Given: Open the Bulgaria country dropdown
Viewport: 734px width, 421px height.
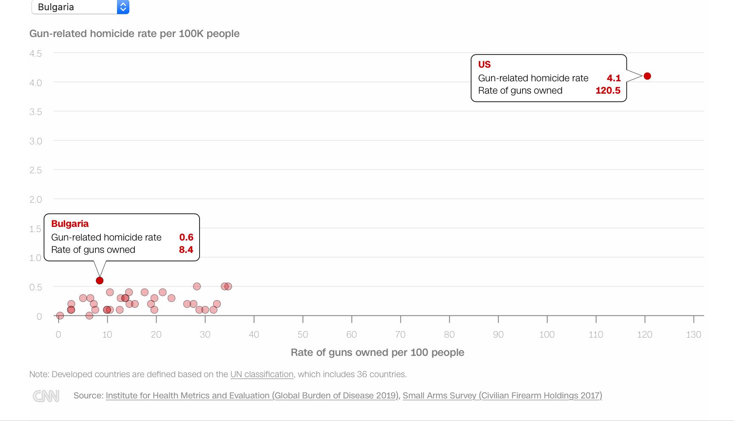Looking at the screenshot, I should tap(80, 7).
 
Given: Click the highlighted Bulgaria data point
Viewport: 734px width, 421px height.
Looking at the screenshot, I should tap(100, 281).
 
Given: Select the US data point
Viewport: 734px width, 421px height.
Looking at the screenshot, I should tap(647, 76).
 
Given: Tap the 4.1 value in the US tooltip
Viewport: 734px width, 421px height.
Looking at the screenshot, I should tap(614, 78).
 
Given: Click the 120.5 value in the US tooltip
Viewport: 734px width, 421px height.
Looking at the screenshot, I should tap(608, 91).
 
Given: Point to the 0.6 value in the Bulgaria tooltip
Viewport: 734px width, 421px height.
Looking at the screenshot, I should tap(186, 238).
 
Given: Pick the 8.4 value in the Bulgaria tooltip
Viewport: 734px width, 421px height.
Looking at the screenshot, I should tap(186, 250).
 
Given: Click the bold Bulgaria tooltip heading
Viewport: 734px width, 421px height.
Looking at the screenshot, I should tap(70, 224).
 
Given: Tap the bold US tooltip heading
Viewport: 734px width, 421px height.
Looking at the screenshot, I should tap(484, 65).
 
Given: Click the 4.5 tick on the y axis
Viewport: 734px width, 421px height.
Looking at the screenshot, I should tap(36, 54).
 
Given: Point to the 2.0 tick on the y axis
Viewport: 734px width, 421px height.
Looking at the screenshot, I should tap(36, 200).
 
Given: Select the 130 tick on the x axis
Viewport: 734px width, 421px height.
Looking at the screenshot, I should tap(693, 335).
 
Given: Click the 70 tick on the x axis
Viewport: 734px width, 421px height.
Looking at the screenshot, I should tap(400, 335).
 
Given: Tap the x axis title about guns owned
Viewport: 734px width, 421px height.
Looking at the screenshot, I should tap(377, 352).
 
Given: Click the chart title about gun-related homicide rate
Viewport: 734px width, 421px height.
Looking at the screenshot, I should tap(134, 34).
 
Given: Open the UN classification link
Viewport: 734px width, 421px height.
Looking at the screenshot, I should tap(262, 375).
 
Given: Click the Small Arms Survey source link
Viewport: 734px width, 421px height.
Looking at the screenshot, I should tap(502, 395).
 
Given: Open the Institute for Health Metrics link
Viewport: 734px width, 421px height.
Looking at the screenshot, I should tap(252, 395).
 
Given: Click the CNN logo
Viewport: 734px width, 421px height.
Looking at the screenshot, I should tap(46, 396).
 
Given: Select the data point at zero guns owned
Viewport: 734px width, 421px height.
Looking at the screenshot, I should tap(60, 315).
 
